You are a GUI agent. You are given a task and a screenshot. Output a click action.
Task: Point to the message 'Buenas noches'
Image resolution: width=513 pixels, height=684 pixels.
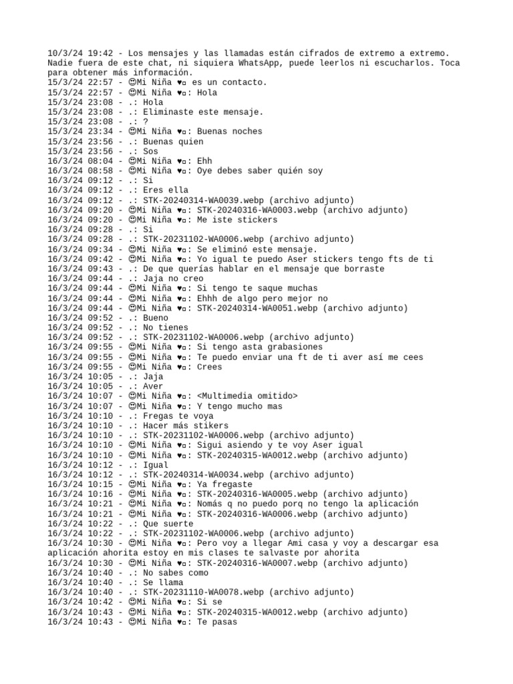(230, 132)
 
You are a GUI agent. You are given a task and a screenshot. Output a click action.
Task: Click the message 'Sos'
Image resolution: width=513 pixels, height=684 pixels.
(151, 151)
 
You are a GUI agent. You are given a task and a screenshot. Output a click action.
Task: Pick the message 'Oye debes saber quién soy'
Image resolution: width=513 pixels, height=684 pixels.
(260, 170)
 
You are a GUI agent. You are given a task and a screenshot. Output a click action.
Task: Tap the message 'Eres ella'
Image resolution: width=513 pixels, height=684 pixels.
(166, 190)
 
